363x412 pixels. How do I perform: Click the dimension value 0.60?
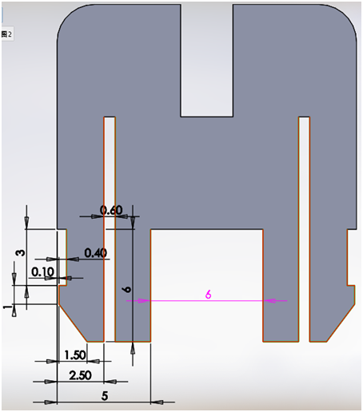tap(110, 210)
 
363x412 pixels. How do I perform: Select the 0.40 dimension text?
tap(95, 253)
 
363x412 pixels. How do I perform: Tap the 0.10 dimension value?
tap(42, 272)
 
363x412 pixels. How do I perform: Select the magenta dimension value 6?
tap(208, 295)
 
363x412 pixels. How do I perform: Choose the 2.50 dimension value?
tap(81, 374)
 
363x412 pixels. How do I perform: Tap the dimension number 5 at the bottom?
tap(104, 394)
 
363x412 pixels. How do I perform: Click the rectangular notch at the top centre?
tap(207, 60)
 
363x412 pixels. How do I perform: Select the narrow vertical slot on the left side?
tap(110, 224)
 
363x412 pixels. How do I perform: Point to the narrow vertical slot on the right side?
tap(304, 224)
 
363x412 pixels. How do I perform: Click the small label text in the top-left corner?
tap(6, 34)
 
